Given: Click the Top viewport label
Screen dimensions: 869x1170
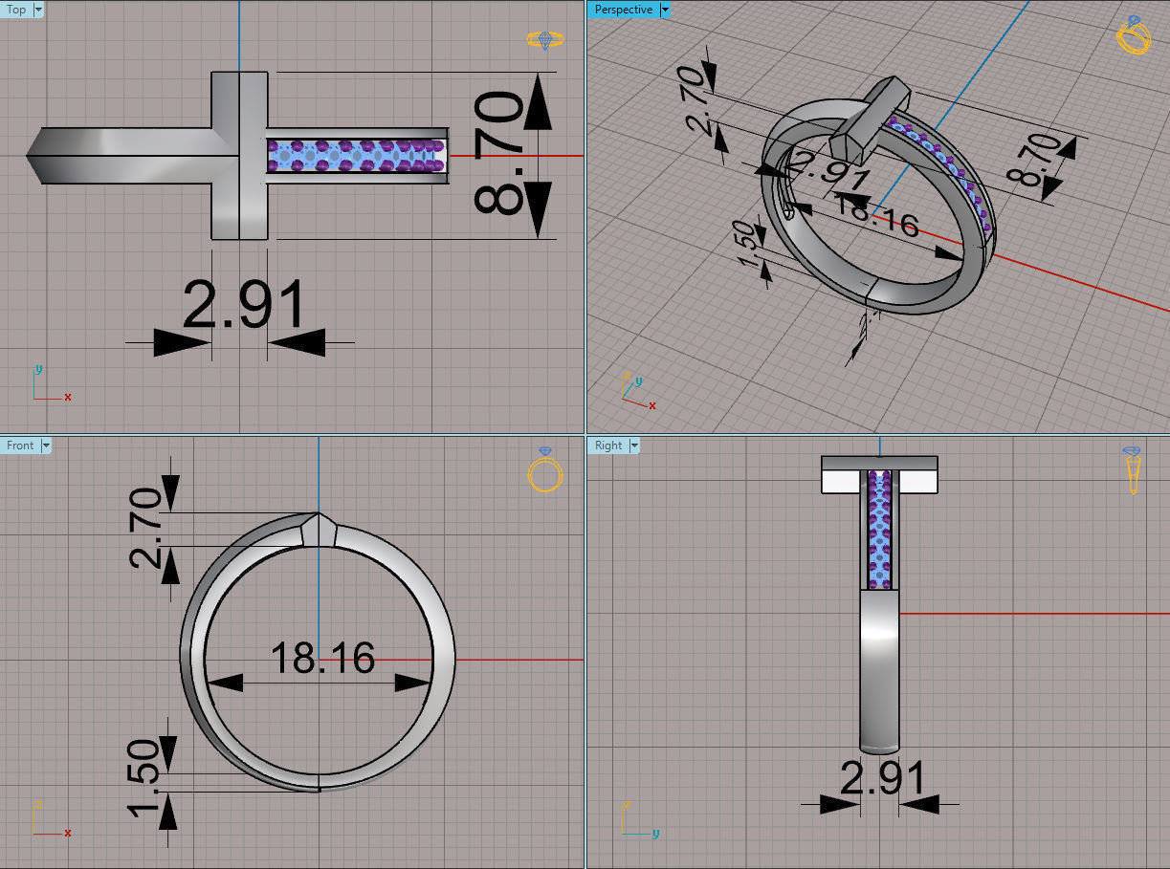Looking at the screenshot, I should [16, 10].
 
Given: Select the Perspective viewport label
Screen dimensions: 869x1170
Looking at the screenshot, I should [623, 10].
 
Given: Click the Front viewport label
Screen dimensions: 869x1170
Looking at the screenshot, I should [20, 445].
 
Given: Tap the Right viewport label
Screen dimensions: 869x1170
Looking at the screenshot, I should [607, 445].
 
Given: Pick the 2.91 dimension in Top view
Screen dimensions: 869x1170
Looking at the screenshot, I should [243, 307].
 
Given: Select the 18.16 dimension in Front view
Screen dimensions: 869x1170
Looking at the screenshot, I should [322, 658].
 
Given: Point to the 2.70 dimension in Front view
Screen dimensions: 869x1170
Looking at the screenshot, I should [146, 528].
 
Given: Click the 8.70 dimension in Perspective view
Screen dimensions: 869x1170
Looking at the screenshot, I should [1035, 161].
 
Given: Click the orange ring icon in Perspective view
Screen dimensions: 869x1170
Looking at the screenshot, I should [1133, 35].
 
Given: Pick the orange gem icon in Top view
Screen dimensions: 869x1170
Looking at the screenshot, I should [544, 40].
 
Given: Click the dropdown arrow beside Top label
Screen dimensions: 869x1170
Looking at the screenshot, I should [38, 10].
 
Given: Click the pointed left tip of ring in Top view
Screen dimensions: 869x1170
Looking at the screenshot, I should [31, 155].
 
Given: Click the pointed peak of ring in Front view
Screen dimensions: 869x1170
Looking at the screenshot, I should [318, 515].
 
